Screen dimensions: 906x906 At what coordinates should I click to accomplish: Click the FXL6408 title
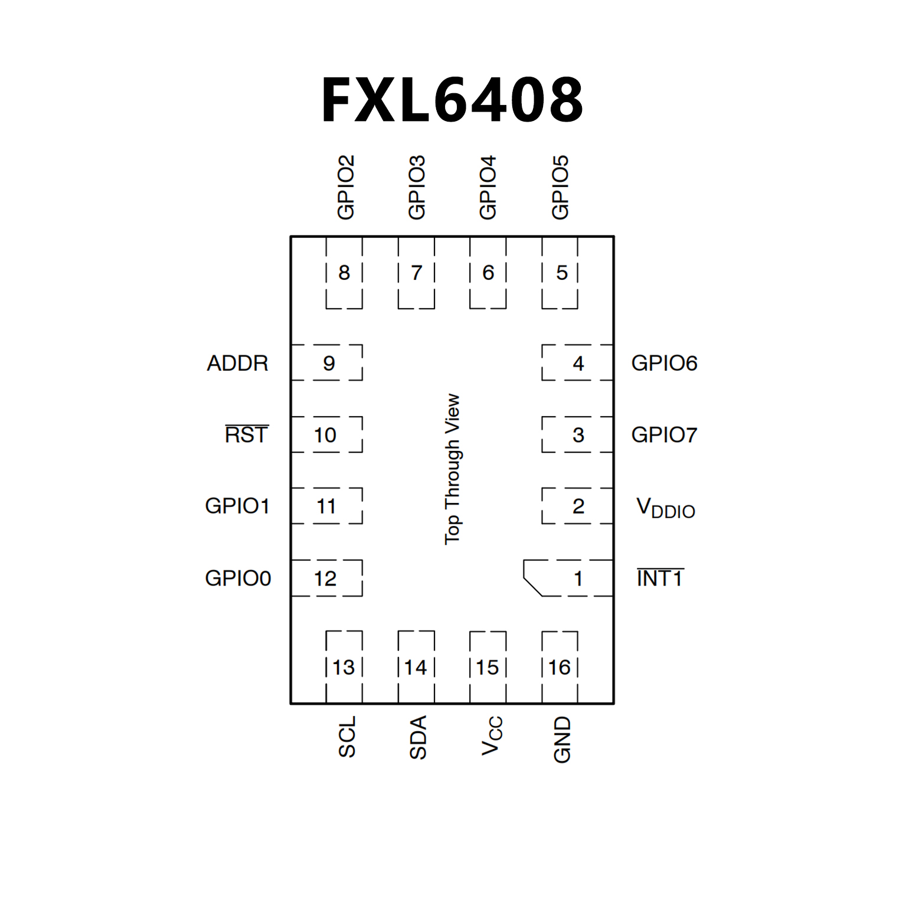pyautogui.click(x=452, y=100)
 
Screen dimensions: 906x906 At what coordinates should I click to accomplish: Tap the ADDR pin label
pyautogui.click(x=237, y=363)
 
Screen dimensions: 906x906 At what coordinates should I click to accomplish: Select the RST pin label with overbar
pyautogui.click(x=247, y=434)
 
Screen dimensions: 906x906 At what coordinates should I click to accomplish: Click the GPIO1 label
pyautogui.click(x=237, y=506)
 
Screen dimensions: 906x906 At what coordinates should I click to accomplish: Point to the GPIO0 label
pyautogui.click(x=238, y=578)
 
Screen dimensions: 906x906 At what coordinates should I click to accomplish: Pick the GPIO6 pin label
pyautogui.click(x=664, y=363)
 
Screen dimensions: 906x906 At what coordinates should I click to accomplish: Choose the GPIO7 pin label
pyautogui.click(x=664, y=435)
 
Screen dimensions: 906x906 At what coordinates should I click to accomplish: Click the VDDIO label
pyautogui.click(x=665, y=508)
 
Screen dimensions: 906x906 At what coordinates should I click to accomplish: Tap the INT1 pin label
pyautogui.click(x=660, y=578)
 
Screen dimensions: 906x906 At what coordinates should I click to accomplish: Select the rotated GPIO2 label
pyautogui.click(x=345, y=188)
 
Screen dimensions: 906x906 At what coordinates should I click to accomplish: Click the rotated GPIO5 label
pyautogui.click(x=560, y=188)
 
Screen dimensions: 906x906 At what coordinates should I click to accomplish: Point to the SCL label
pyautogui.click(x=346, y=737)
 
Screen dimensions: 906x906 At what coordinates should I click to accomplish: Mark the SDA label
pyautogui.click(x=418, y=737)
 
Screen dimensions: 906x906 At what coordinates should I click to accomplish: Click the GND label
pyautogui.click(x=562, y=740)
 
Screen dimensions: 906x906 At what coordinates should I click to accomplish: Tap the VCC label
pyautogui.click(x=491, y=735)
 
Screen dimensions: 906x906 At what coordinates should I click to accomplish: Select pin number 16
pyautogui.click(x=559, y=668)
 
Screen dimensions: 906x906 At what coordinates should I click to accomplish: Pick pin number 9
pyautogui.click(x=329, y=363)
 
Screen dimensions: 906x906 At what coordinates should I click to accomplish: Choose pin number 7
pyautogui.click(x=417, y=273)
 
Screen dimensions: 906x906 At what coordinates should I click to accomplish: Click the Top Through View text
pyautogui.click(x=452, y=469)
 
